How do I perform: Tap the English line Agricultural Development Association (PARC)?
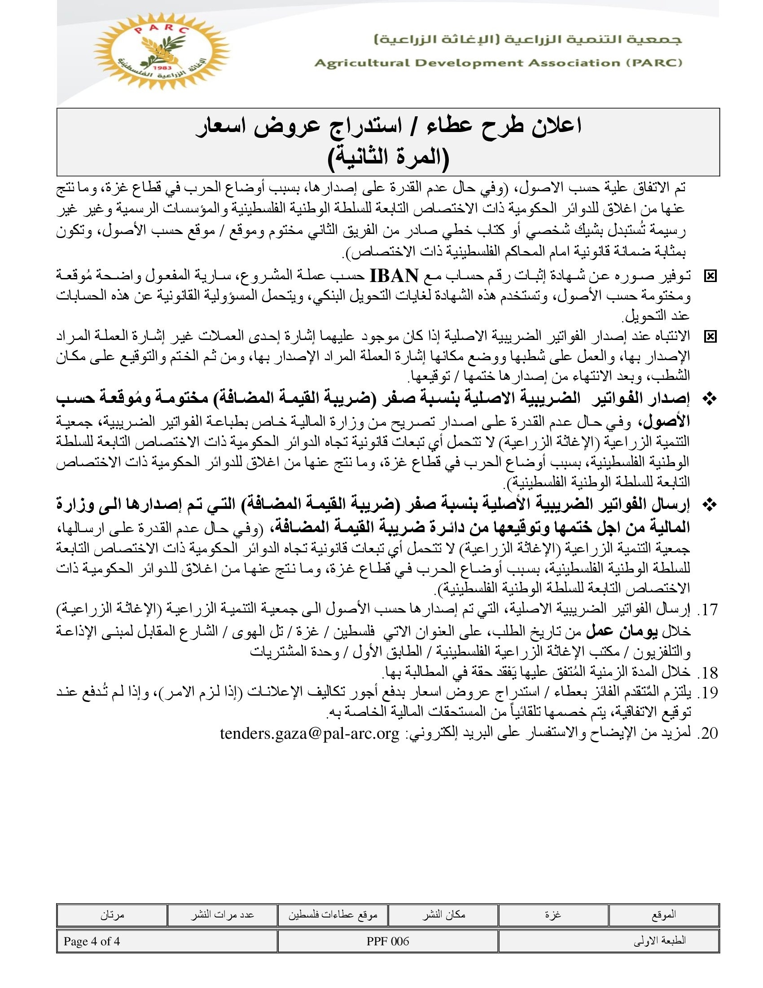click(x=498, y=63)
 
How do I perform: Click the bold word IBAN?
click(x=394, y=275)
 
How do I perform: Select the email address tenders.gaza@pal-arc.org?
click(x=310, y=733)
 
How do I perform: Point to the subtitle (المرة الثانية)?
click(x=388, y=158)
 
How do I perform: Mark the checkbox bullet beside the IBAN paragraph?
click(x=710, y=276)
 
